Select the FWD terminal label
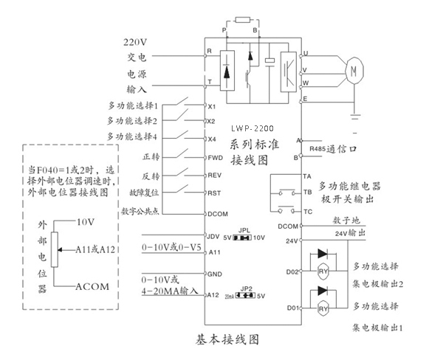coord(215,157)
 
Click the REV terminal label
coord(215,176)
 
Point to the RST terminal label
coord(215,193)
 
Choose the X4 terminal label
coord(212,139)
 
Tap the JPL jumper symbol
coord(242,238)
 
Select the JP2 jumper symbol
coord(246,294)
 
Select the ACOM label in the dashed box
coord(91,285)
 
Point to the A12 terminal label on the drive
coord(214,295)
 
